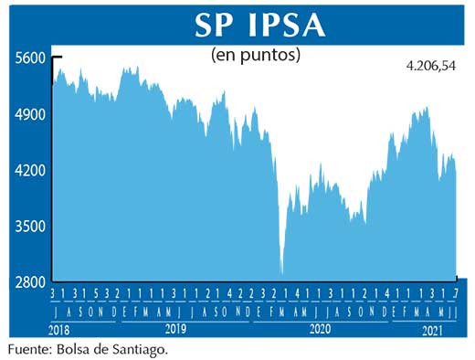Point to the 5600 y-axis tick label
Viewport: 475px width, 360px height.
click(x=29, y=58)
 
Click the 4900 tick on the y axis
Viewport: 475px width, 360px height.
click(x=29, y=114)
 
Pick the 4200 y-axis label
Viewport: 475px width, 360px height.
click(x=29, y=170)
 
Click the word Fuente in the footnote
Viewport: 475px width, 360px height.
click(x=30, y=349)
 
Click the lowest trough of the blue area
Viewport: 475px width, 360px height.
click(x=282, y=272)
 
